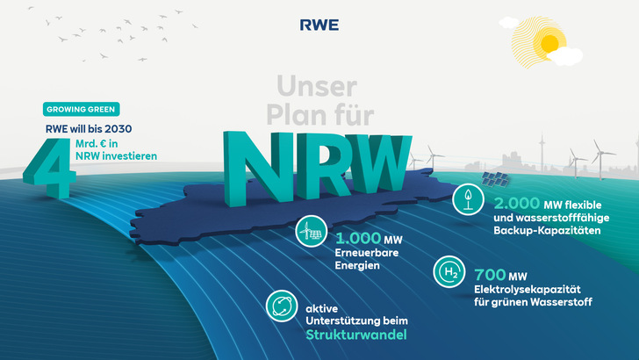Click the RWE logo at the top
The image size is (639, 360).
pos(319,25)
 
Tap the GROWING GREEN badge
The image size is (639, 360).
pos(81,109)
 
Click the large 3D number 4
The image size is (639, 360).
pos(50,167)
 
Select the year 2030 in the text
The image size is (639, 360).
pos(118,129)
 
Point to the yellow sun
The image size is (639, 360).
pos(549,42)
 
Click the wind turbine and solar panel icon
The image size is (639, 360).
pos(312,231)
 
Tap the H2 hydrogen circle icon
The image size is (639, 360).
pos(449,271)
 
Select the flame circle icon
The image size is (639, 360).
pos(468,199)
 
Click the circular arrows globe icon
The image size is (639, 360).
pos(282,306)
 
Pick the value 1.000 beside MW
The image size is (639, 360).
pos(358,238)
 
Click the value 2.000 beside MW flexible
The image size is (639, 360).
pos(517,203)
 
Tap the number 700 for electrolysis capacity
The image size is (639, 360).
pos(490,275)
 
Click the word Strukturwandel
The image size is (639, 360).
pos(356,335)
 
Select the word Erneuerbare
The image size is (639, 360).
pos(367,253)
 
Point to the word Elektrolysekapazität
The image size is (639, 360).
pos(528,290)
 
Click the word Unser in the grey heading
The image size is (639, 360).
pos(317,86)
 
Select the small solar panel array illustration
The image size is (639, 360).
pos(495,179)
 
